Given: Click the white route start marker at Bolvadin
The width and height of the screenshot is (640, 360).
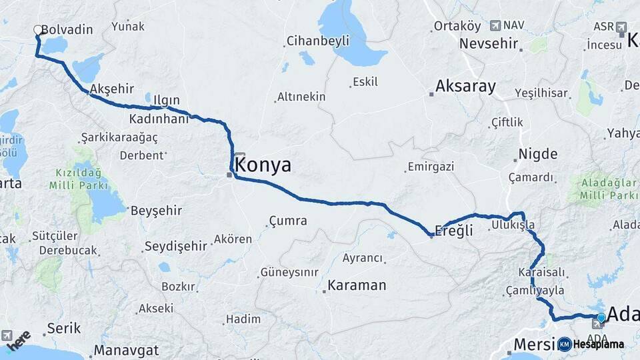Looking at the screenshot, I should pyautogui.click(x=38, y=30).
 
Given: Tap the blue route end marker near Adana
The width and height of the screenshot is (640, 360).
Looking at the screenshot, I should pyautogui.click(x=601, y=318).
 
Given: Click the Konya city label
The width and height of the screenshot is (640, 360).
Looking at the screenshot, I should pyautogui.click(x=264, y=165).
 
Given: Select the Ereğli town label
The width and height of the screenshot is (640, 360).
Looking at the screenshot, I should pyautogui.click(x=454, y=231).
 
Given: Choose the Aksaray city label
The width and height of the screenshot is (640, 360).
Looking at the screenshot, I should pyautogui.click(x=466, y=86).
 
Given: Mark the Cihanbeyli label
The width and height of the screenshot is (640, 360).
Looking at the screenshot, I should pyautogui.click(x=318, y=41).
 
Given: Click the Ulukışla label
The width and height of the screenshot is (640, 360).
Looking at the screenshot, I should pyautogui.click(x=513, y=225).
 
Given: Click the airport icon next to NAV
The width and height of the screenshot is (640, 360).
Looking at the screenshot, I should pyautogui.click(x=495, y=25).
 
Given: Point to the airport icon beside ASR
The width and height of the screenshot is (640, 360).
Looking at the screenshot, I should pyautogui.click(x=622, y=27).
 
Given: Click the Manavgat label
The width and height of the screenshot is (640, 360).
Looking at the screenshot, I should pyautogui.click(x=127, y=350).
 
